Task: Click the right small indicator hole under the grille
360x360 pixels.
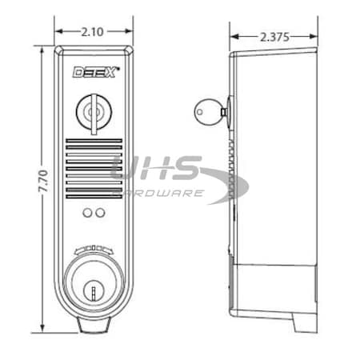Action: point(98,213)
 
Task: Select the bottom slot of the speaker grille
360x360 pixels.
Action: point(92,194)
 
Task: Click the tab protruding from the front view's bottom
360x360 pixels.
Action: point(92,326)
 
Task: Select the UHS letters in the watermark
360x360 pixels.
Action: point(157,170)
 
